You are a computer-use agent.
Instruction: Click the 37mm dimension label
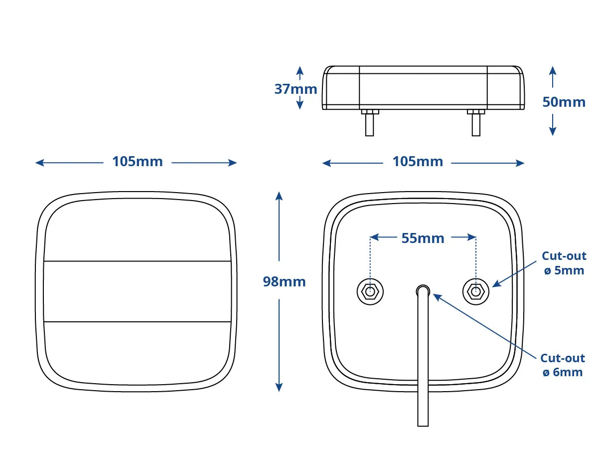pyautogui.click(x=296, y=89)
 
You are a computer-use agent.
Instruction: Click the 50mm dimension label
pyautogui.click(x=564, y=102)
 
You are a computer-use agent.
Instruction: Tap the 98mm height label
pyautogui.click(x=284, y=282)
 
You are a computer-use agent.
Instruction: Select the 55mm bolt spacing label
pyautogui.click(x=423, y=238)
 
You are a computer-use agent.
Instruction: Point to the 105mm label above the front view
pyautogui.click(x=137, y=162)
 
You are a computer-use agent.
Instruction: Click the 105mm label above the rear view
pyautogui.click(x=418, y=162)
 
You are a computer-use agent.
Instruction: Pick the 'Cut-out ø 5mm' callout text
pyautogui.click(x=564, y=263)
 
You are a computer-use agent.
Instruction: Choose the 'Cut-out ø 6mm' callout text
pyautogui.click(x=563, y=365)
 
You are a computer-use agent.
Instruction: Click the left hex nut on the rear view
pyautogui.click(x=370, y=292)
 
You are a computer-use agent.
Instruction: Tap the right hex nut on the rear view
pyautogui.click(x=476, y=292)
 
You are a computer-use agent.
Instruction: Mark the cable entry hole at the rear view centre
pyautogui.click(x=423, y=290)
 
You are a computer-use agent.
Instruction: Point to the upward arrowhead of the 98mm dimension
pyautogui.click(x=279, y=196)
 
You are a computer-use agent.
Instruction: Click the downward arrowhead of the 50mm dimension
pyautogui.click(x=553, y=131)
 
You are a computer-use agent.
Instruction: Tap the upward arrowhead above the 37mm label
pyautogui.click(x=299, y=70)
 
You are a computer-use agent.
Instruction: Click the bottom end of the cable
pyautogui.click(x=423, y=426)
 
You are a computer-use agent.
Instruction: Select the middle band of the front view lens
pyautogui.click(x=137, y=291)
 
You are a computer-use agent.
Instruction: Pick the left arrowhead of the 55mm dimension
pyautogui.click(x=374, y=237)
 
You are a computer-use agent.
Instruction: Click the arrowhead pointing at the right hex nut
pyautogui.click(x=496, y=283)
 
